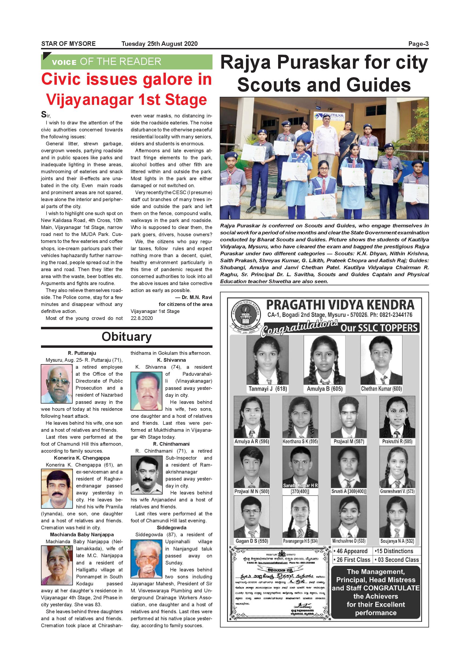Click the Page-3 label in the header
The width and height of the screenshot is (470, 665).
418,44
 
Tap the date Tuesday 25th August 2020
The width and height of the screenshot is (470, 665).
159,44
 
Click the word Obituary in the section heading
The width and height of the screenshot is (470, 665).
126,337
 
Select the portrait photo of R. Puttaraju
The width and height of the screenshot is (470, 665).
57,383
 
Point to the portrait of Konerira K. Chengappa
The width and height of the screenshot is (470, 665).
57,489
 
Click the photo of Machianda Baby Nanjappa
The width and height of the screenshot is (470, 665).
57,566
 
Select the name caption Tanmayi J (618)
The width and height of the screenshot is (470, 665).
267,389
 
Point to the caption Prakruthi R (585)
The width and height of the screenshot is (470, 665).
397,442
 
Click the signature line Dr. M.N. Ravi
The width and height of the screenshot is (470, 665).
194,297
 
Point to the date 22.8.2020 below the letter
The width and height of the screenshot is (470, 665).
141,318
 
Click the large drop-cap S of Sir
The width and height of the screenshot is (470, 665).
44,114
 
